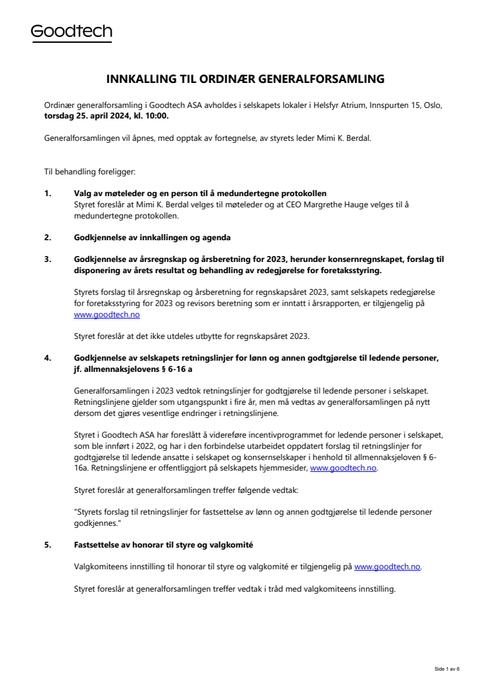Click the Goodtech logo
(72, 32)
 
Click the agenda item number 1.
(47, 193)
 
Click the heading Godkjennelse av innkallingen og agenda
(152, 237)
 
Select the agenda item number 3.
(47, 259)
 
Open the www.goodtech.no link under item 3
(107, 315)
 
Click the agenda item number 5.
(47, 545)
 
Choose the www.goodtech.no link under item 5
(388, 567)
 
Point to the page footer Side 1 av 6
(447, 669)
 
